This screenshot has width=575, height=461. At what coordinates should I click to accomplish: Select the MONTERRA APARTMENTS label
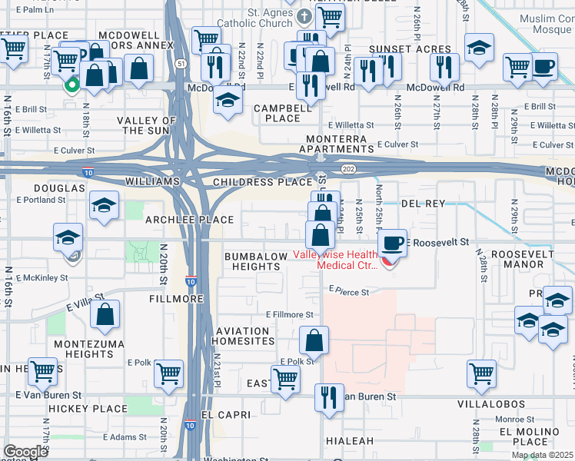point(336,144)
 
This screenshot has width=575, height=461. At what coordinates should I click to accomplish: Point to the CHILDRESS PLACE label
point(251,182)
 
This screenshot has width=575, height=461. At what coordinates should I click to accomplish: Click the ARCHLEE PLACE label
point(189,220)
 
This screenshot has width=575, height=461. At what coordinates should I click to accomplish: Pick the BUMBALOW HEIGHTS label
point(252,261)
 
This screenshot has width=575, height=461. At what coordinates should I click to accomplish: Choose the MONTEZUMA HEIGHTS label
point(79,349)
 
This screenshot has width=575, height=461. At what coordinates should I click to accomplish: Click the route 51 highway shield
point(180,64)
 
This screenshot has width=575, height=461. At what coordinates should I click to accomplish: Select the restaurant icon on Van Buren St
point(329,398)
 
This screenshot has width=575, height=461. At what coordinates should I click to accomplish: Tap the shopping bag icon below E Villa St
point(105,313)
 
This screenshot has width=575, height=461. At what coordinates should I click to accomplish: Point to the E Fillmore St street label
point(290,314)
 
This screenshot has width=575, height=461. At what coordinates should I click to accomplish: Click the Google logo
point(25,452)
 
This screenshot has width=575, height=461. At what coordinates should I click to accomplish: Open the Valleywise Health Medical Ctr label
point(337,260)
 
